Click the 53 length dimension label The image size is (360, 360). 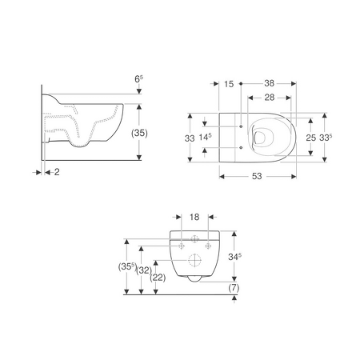257,176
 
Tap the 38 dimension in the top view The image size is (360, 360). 270,83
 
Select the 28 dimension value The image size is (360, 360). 270,98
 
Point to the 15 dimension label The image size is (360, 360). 229,84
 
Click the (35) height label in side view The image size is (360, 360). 139,133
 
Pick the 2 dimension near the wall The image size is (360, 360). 57,172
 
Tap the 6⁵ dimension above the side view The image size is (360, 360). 138,79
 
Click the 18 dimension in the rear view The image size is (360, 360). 194,217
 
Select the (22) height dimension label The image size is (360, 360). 158,278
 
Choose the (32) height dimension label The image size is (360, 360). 144,270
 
